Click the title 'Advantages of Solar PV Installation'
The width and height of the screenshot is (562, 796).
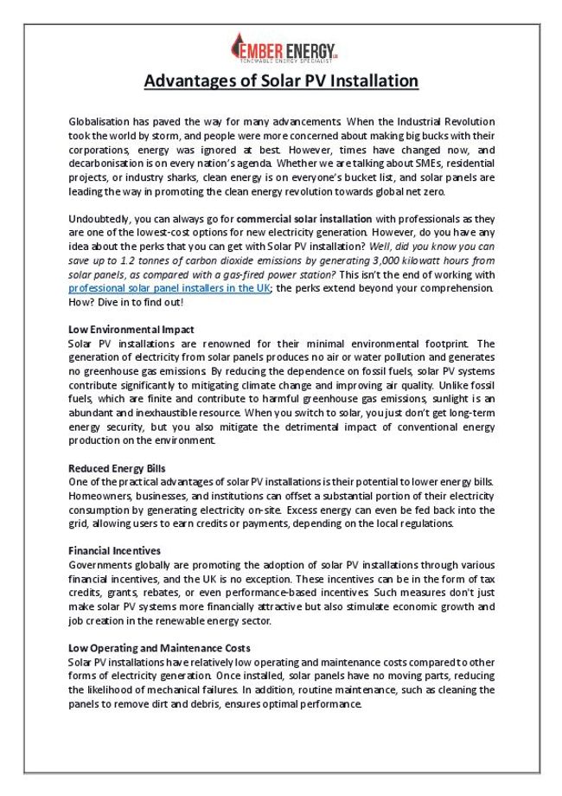[281, 81]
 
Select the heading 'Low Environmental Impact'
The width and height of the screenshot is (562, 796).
[131, 330]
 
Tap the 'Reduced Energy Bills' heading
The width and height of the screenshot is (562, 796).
[118, 468]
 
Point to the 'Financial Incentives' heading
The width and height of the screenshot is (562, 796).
[114, 550]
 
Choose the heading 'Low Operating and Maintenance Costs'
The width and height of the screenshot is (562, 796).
[159, 647]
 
